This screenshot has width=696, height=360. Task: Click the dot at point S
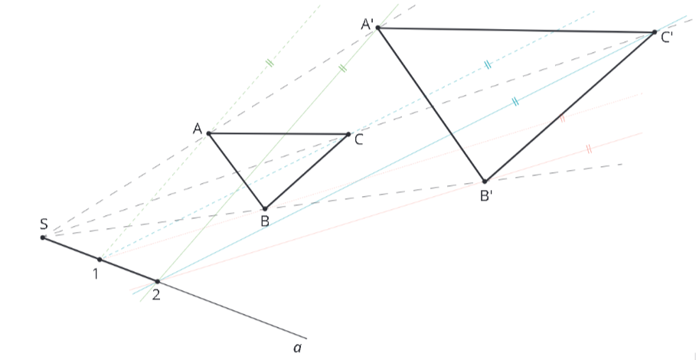(43, 237)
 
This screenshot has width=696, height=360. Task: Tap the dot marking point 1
(100, 259)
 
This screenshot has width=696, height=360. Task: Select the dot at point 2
(157, 281)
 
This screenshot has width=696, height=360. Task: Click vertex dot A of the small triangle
(208, 133)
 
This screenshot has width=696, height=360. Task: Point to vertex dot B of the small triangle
(265, 208)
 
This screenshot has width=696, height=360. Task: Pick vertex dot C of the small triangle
(348, 134)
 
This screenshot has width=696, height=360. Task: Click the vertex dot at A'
(377, 28)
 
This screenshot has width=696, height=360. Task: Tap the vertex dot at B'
(485, 181)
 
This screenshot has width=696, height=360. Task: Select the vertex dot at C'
(655, 32)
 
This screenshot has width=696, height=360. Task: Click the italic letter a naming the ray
(297, 349)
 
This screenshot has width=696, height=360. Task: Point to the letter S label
(44, 224)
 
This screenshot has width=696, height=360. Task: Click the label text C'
(667, 38)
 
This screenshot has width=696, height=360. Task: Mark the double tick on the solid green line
(341, 68)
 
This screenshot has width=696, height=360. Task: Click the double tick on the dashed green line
(270, 63)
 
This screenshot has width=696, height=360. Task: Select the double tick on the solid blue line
(515, 102)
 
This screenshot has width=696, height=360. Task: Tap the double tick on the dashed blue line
(488, 65)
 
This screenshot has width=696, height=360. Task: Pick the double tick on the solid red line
(589, 149)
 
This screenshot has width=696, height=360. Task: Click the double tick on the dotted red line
(563, 119)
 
